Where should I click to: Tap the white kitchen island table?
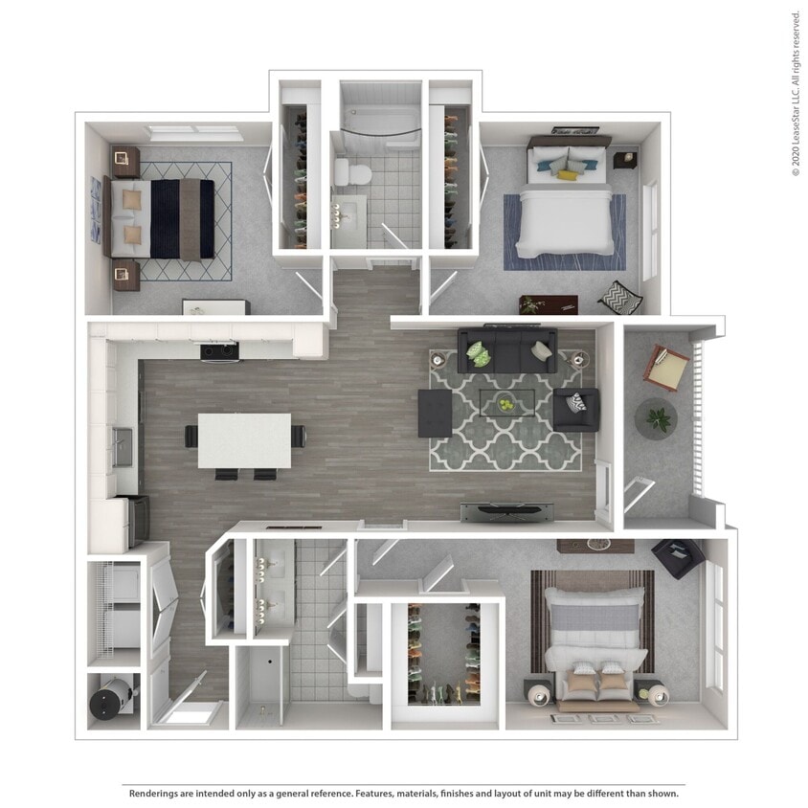pyautogui.click(x=244, y=439)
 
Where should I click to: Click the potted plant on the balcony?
pyautogui.click(x=659, y=417)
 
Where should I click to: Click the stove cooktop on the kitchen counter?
pyautogui.click(x=219, y=351)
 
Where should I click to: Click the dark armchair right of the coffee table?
pyautogui.click(x=577, y=409)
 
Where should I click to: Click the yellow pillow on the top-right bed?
pyautogui.click(x=568, y=174)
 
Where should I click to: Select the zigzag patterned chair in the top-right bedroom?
pyautogui.click(x=620, y=298)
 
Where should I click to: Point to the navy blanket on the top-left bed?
pyautogui.click(x=166, y=219)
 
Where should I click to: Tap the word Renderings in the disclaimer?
pyautogui.click(x=159, y=794)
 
